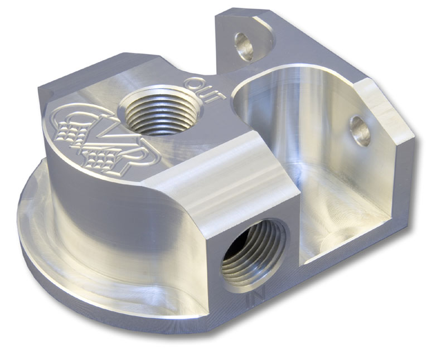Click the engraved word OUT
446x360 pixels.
207,89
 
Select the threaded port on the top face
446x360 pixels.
161,113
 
